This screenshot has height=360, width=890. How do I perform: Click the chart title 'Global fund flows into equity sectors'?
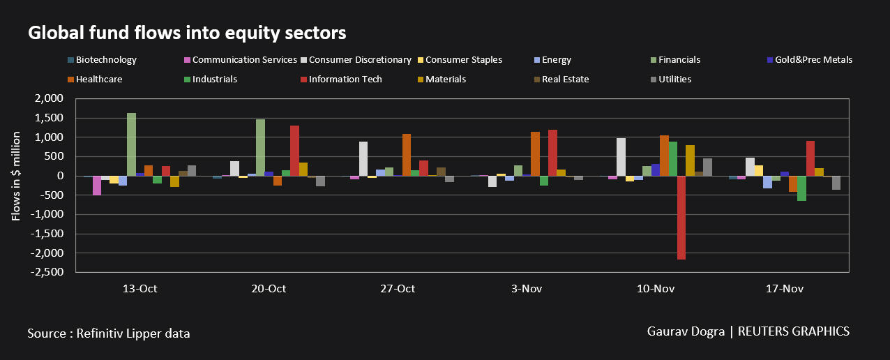coord(187,32)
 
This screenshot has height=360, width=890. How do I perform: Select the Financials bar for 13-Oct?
coord(131,144)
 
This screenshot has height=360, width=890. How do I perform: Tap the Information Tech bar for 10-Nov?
coord(681,218)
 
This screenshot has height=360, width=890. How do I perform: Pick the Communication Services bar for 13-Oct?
coord(97,186)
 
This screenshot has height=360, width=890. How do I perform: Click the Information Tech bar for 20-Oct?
coord(294,151)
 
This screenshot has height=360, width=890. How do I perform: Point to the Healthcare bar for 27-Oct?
coord(407,155)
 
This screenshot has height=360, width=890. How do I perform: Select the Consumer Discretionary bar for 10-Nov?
coord(621,157)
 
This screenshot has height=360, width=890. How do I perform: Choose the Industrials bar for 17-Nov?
coord(801,188)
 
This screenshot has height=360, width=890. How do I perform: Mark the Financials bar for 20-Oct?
coord(260,148)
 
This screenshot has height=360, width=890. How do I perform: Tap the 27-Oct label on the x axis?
coord(397,289)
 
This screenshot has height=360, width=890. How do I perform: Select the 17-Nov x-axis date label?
coord(784,289)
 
